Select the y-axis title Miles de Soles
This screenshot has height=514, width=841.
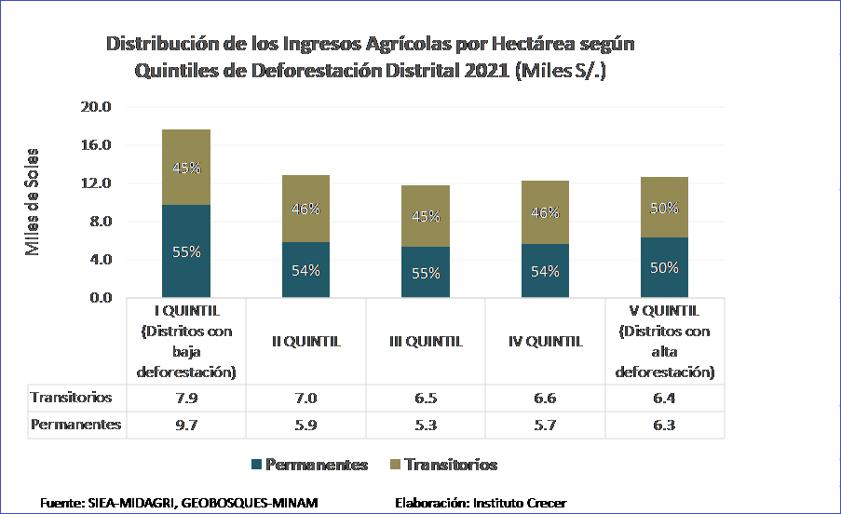[34, 202]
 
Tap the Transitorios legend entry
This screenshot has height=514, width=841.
[447, 465]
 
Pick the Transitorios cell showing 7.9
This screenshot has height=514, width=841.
[186, 398]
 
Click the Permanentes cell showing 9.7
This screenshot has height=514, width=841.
[186, 425]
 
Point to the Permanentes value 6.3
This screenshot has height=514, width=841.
[664, 425]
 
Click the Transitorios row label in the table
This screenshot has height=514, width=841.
[72, 398]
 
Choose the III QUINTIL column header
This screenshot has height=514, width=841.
[426, 341]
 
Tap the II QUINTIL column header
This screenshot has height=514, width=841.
[305, 341]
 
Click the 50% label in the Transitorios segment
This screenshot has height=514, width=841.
[664, 209]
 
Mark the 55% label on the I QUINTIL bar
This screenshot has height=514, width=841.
[186, 251]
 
